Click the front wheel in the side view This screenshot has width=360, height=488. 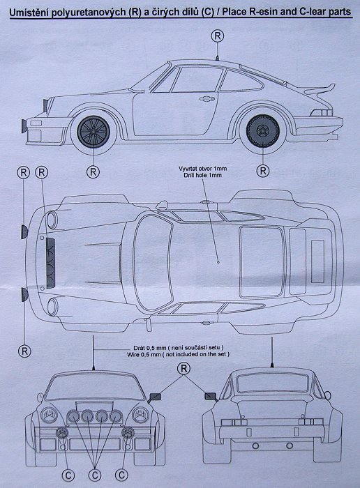click(93, 131)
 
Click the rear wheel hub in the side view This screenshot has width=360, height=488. click(262, 130)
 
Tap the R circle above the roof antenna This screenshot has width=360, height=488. click(218, 36)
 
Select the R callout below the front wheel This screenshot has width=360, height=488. click(93, 171)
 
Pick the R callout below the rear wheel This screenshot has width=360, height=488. click(263, 171)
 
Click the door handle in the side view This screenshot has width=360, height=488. click(207, 99)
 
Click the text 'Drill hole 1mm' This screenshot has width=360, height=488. click(203, 175)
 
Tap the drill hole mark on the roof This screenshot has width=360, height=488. click(218, 262)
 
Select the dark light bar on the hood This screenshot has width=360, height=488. click(50, 263)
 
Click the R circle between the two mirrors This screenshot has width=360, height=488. click(183, 369)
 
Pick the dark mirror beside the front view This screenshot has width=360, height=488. click(156, 397)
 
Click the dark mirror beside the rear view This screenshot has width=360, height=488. click(210, 396)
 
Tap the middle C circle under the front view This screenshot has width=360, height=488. click(95, 475)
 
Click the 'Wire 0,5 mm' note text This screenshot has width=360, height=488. click(144, 354)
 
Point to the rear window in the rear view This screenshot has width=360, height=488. click(272, 383)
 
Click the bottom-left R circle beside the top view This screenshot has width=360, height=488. click(24, 351)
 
